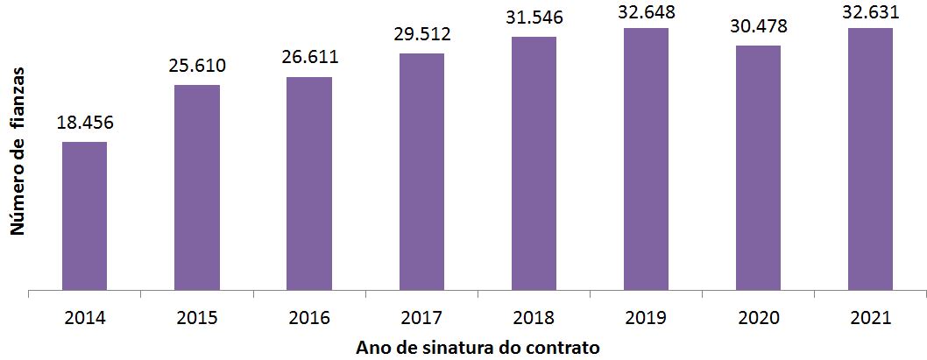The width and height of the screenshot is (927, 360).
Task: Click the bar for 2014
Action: tap(84, 215)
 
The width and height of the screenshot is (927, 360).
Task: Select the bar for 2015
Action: tap(197, 187)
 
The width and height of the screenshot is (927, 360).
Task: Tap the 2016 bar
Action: tap(309, 182)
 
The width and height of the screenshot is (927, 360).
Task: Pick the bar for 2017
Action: tap(421, 171)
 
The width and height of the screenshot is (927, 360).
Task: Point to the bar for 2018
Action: tap(534, 162)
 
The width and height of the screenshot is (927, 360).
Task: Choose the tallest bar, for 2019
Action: tap(646, 158)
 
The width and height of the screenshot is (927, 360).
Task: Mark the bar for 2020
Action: tap(758, 166)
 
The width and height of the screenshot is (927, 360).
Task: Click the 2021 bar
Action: tap(870, 158)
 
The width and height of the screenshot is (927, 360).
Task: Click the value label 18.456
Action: tap(85, 122)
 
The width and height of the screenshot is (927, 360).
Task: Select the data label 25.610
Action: tap(197, 66)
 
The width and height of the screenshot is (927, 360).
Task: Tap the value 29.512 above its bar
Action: tap(421, 34)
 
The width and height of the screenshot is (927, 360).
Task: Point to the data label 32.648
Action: tap(646, 11)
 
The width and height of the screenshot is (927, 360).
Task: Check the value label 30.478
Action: tap(758, 26)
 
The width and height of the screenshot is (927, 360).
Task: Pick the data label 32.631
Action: tap(870, 11)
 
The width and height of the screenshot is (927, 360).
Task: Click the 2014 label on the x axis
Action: tap(85, 318)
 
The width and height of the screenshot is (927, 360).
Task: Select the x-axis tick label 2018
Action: tap(534, 318)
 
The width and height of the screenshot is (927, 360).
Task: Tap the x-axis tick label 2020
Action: tap(758, 318)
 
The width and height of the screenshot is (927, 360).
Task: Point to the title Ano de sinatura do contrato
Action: tap(478, 348)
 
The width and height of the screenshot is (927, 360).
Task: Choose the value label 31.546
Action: tap(534, 18)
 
